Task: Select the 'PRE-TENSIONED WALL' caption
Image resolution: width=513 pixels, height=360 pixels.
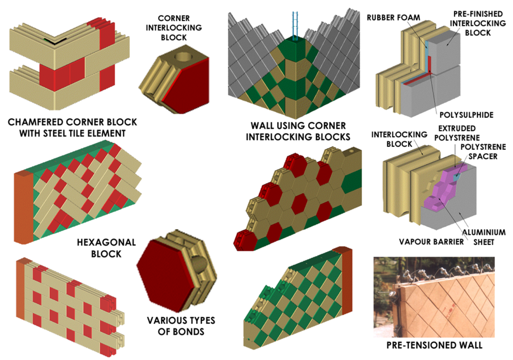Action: (x=434, y=345)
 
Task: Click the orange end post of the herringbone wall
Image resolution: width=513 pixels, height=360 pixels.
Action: (x=23, y=205)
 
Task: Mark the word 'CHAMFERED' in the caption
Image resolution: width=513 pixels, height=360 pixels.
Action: (x=41, y=122)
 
